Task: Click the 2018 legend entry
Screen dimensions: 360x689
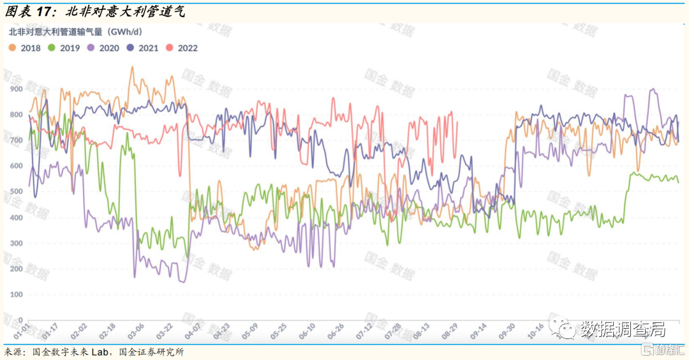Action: click(x=26, y=48)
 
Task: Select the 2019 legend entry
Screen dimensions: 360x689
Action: click(x=64, y=48)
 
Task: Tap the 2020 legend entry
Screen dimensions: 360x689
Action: click(x=104, y=48)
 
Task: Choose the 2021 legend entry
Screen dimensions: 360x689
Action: click(x=144, y=48)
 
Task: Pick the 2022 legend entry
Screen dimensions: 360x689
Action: click(x=182, y=48)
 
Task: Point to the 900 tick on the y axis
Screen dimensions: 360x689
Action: click(x=15, y=89)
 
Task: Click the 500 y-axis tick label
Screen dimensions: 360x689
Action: click(x=15, y=191)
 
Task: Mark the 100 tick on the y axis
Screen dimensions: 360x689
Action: click(x=15, y=294)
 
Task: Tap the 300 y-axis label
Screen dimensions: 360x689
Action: click(x=15, y=243)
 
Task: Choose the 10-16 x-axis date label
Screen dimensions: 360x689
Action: click(x=536, y=332)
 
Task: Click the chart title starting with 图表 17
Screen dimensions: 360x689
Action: click(x=96, y=10)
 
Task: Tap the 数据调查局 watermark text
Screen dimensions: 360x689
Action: click(x=623, y=329)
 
